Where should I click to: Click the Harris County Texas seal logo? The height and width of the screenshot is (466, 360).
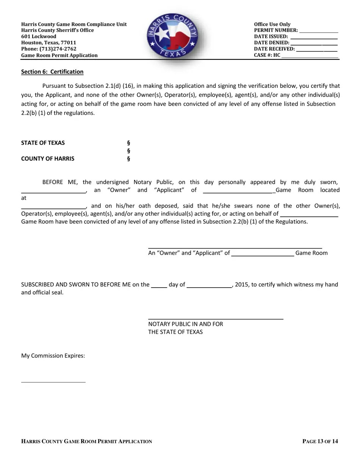tap(172, 36)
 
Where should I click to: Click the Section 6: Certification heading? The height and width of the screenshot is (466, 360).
tap(52, 72)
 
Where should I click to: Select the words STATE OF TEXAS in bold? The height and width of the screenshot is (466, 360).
tap(43, 143)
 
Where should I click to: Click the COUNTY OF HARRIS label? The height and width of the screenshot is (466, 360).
tap(48, 158)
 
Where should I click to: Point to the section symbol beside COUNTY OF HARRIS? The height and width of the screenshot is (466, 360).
tap(128, 158)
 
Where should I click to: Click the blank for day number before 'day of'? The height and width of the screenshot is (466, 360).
tap(159, 287)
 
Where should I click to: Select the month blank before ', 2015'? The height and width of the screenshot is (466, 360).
tap(209, 287)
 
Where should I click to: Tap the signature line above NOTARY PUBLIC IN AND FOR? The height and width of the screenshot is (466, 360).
tap(216, 319)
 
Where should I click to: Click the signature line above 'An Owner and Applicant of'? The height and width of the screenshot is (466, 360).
tap(235, 248)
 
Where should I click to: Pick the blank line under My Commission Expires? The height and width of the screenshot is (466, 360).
tap(53, 382)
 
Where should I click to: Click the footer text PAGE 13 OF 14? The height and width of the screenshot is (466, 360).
tap(320, 441)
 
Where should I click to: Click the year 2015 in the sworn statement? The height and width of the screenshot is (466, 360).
tap(241, 285)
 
